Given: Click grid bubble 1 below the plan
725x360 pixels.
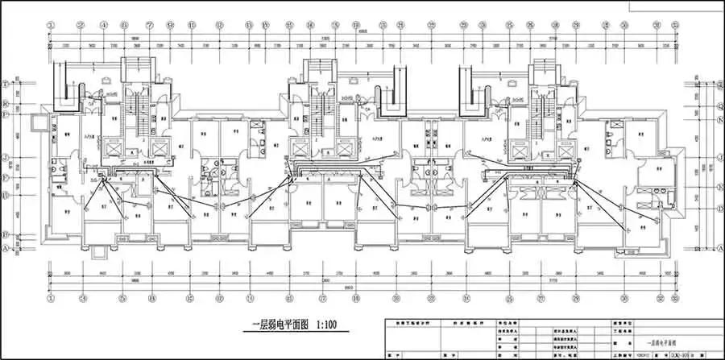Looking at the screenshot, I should [x=51, y=297].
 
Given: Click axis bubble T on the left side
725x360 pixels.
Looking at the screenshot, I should [x=6, y=83].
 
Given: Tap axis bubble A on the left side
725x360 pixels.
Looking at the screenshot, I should [x=6, y=249].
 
